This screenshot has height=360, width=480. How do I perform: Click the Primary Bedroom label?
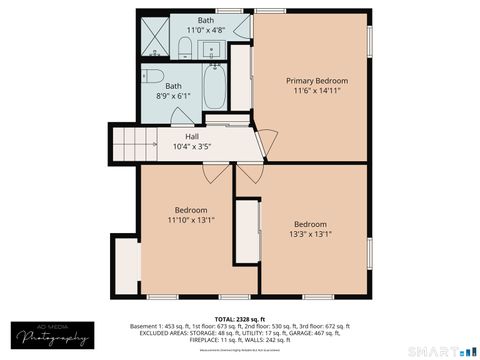[x=317, y=80]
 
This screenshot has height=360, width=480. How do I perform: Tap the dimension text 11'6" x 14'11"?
[x=317, y=91]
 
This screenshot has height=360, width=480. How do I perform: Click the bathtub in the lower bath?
[x=215, y=88]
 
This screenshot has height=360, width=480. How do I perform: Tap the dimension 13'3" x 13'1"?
[x=310, y=235]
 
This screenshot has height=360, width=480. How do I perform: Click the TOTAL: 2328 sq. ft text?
[x=240, y=318]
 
